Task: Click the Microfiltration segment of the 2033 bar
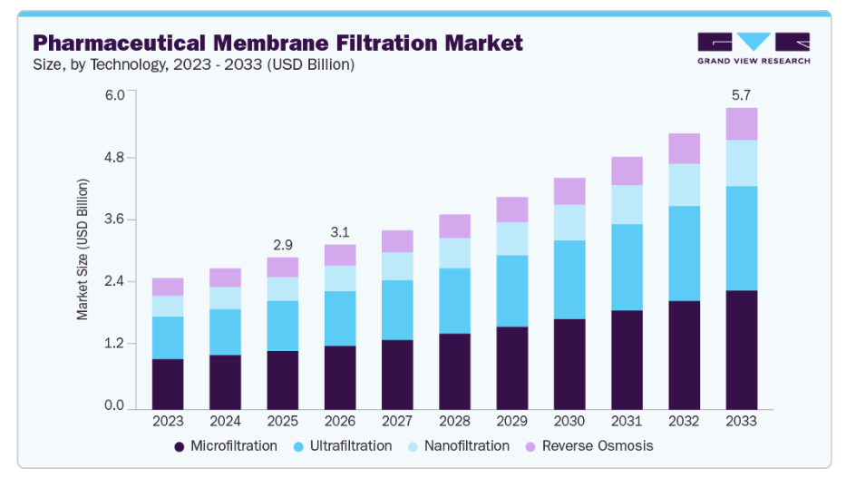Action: (741, 348)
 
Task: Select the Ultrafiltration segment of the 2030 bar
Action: (569, 279)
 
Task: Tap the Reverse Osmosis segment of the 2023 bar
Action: (168, 287)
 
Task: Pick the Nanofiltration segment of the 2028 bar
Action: (454, 253)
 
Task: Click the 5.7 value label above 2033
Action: (741, 94)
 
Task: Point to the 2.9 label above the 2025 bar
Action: (282, 245)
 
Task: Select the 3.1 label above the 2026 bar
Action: (340, 232)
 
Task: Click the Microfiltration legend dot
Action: (180, 446)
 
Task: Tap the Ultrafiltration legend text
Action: (351, 446)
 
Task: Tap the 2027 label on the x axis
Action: (397, 421)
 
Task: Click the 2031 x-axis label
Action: (627, 421)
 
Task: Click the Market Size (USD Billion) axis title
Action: (83, 249)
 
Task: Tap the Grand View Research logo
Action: (754, 48)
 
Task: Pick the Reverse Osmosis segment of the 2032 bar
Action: (684, 149)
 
